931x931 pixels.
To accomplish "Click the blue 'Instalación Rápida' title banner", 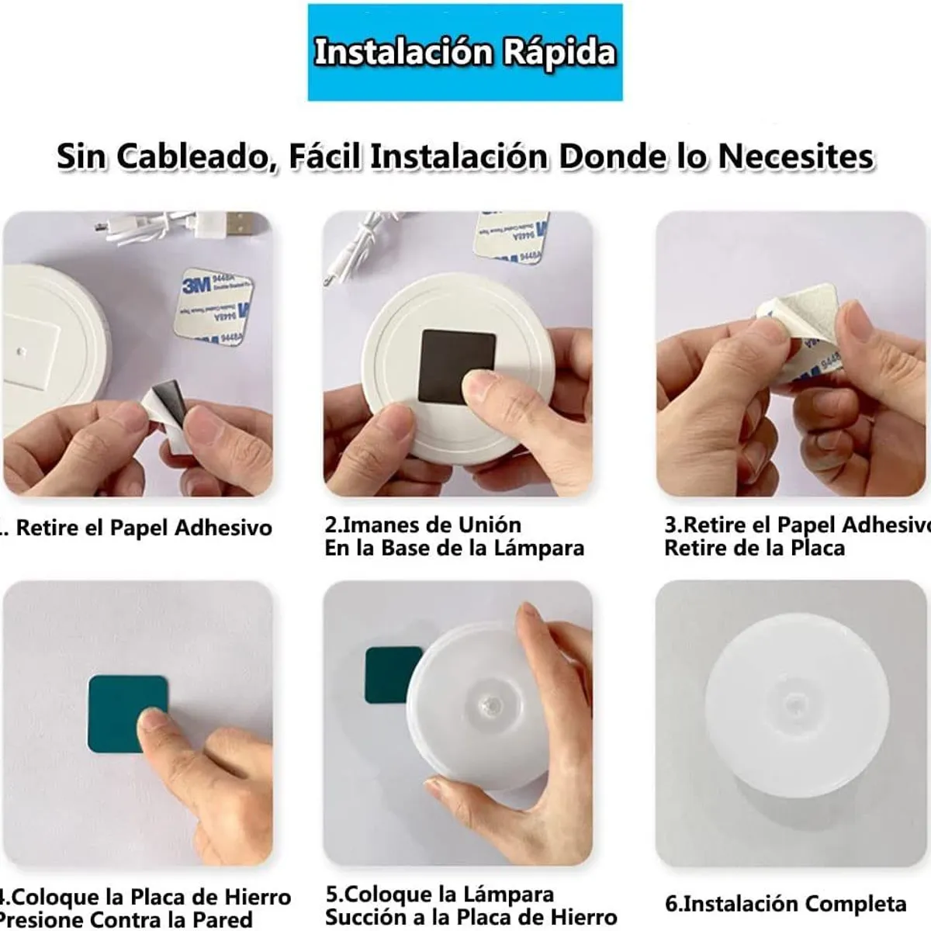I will pos(465,53).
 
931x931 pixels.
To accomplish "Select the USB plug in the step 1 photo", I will pos(233,226).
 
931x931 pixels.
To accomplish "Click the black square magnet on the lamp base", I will pos(456,365).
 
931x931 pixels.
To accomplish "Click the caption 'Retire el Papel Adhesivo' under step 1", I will pos(144,528).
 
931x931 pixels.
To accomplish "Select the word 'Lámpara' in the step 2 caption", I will pos(542,549).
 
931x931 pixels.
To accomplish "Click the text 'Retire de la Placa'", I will pos(754,549).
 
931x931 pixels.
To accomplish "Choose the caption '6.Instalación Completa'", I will pos(785,904).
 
